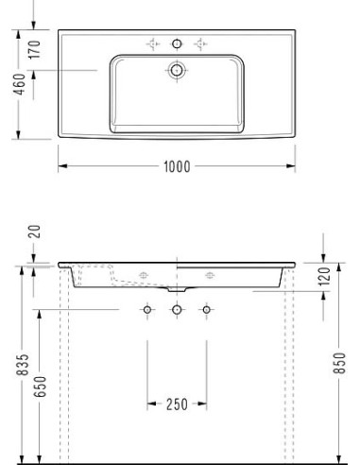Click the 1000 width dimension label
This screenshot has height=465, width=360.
(177, 166)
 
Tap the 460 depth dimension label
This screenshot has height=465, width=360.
(20, 84)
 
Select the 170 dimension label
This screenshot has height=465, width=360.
(35, 49)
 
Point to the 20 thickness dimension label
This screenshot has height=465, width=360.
(35, 232)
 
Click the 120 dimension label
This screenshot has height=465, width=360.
(324, 276)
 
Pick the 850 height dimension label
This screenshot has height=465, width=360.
(339, 363)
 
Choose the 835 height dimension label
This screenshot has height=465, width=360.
(23, 365)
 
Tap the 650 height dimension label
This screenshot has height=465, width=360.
(41, 387)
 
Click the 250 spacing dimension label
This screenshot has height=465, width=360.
(177, 405)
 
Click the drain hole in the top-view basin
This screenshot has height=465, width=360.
(177, 70)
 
